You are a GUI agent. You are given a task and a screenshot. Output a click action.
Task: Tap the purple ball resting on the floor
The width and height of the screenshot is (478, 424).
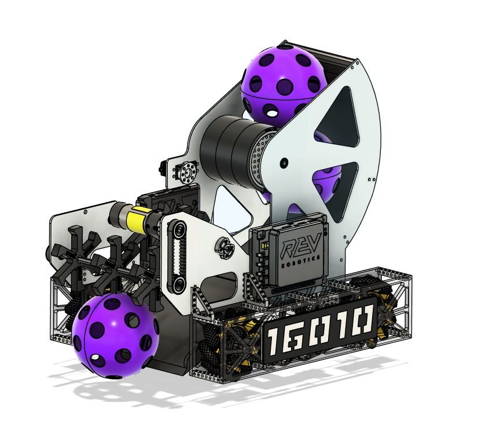(116, 336)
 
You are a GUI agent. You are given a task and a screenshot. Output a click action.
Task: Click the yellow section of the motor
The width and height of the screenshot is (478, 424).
(137, 217)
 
